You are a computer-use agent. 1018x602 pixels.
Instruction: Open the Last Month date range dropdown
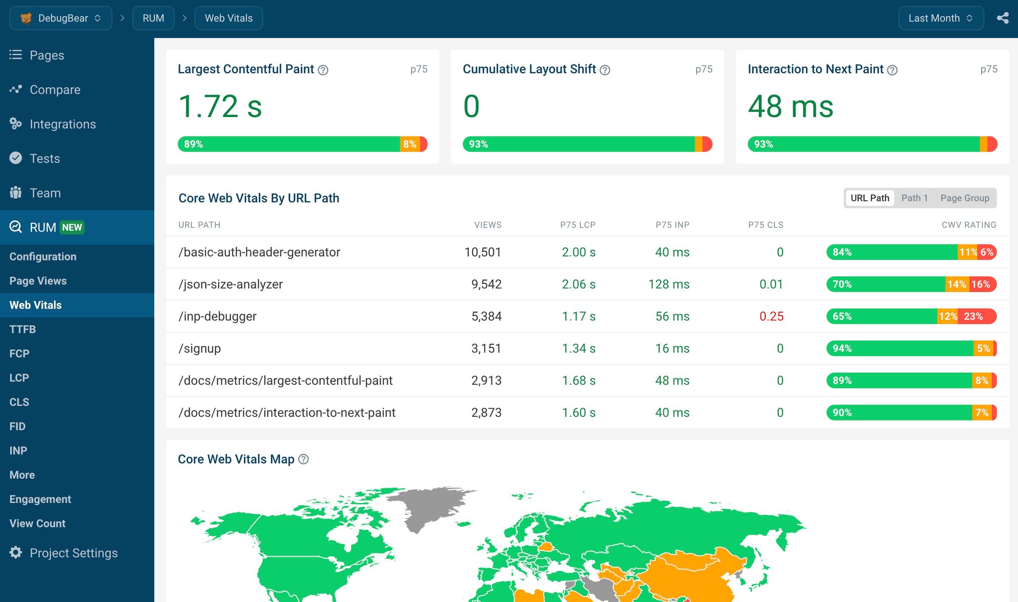tap(940, 18)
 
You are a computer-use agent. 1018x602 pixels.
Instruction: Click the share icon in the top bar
tap(1002, 18)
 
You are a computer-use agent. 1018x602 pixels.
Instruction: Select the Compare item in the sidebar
tap(55, 90)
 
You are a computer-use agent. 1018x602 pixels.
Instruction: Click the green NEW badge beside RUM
tap(72, 228)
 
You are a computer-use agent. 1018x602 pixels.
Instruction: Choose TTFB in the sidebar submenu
tap(22, 329)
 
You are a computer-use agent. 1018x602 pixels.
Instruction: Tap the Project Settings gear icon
tap(16, 552)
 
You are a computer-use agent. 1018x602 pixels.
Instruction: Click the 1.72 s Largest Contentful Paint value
tap(220, 106)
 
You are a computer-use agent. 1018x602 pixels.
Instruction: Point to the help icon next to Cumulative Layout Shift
tap(605, 70)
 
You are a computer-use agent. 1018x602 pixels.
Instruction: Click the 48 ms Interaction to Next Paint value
tap(790, 106)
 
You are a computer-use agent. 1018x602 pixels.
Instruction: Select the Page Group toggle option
tap(964, 198)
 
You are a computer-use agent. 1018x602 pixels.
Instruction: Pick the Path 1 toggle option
tap(914, 198)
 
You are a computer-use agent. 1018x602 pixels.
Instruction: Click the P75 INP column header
tap(672, 225)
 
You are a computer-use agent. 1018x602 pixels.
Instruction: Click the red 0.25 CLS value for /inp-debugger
tap(771, 316)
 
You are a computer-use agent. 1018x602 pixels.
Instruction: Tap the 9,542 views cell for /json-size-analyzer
tap(486, 284)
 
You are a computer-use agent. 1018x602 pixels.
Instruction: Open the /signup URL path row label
tap(199, 348)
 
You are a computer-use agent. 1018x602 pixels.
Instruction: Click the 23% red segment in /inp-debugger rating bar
tap(973, 316)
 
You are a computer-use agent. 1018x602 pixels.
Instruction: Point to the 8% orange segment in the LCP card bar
tap(409, 144)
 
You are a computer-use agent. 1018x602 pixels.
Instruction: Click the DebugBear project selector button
tap(61, 18)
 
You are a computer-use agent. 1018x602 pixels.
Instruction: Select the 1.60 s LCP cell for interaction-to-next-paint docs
tap(578, 413)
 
